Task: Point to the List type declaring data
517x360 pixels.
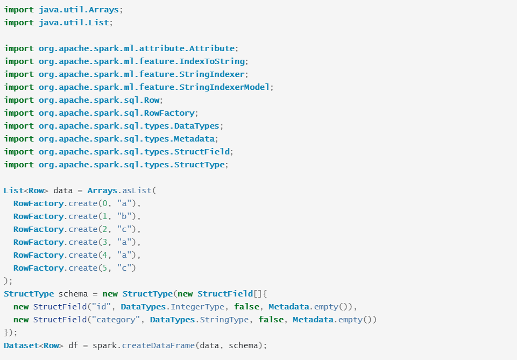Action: (x=13, y=190)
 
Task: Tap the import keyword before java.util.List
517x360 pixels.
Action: (x=19, y=23)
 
